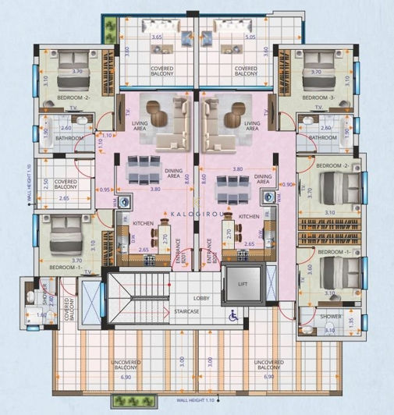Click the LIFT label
241,284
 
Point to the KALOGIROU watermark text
194,213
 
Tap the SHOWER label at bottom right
328,316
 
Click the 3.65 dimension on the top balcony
156,37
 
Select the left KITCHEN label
143,224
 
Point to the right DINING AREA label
263,179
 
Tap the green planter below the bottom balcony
125,401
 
